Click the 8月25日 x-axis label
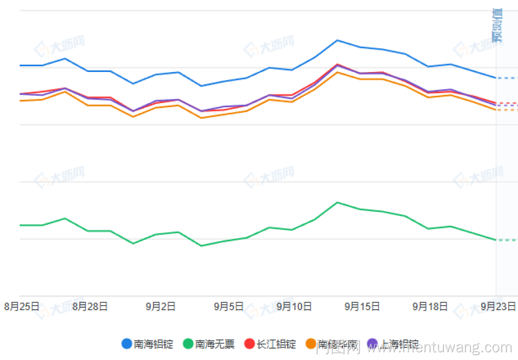pos(22,306)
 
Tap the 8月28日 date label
pos(90,306)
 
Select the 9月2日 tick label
pos(161,306)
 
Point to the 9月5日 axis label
pos(228,306)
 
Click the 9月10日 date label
pos(294,306)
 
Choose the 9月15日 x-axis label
pos(363,306)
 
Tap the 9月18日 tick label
pos(430,306)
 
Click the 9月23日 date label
pos(498,306)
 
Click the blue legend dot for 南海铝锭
pos(126,343)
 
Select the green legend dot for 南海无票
pos(188,343)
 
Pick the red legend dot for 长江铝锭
pos(250,343)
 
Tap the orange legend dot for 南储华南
pos(311,343)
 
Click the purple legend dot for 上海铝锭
pos(372,343)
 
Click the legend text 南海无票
pos(214,343)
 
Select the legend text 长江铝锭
pos(276,343)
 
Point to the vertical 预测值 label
pos(497,25)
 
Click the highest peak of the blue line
pos(337,40)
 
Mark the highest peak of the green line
pos(337,202)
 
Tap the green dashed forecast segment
pos(507,240)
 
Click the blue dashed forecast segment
pos(507,78)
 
